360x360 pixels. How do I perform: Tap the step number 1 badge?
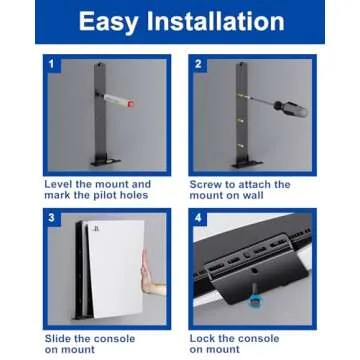point(50,64)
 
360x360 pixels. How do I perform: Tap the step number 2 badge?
point(199,64)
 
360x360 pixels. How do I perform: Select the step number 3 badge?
point(50,217)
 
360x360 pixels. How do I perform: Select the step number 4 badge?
point(199,217)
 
